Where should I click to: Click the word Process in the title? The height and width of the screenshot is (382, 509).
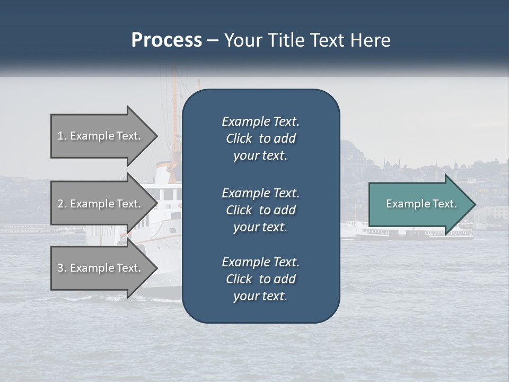(x=166, y=40)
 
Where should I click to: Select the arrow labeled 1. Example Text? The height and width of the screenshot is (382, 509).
(x=101, y=136)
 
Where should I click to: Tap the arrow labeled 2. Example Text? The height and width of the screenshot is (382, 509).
(x=101, y=204)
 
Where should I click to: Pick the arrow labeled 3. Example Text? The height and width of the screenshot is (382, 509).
(x=101, y=268)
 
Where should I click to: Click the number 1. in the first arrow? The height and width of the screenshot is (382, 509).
(x=62, y=136)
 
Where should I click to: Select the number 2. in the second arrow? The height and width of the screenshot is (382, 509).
(x=62, y=204)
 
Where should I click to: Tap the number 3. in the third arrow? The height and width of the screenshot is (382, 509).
(x=62, y=268)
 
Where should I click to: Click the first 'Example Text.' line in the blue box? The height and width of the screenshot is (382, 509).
(x=260, y=121)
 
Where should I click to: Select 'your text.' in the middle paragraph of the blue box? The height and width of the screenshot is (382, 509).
(x=260, y=227)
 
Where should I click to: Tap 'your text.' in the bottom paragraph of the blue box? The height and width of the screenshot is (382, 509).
(x=260, y=297)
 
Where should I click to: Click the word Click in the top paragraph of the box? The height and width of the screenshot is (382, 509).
(x=239, y=138)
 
